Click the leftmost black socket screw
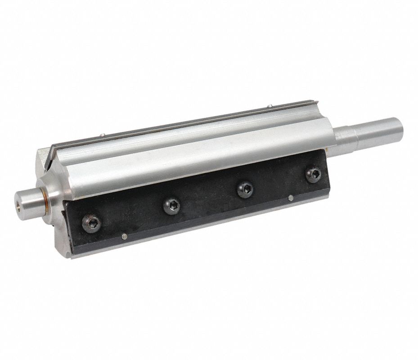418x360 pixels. tap(91, 222)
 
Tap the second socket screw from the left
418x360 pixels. tap(171, 206)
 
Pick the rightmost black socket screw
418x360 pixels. tap(313, 174)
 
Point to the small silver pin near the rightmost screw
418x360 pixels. tap(291, 197)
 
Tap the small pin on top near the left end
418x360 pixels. tap(103, 134)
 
